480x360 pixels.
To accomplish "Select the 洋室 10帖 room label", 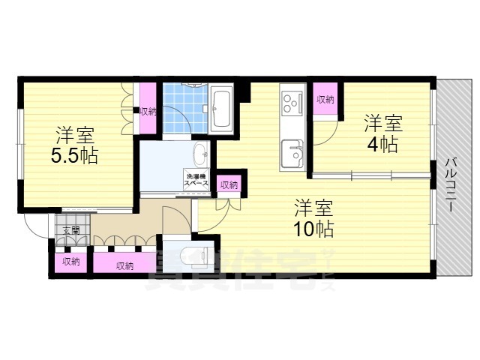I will pos(313,217).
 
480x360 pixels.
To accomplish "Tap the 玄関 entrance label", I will pos(70,230).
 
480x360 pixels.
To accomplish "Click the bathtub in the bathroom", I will pos(221,108).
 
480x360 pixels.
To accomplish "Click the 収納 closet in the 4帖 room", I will pos(325,99).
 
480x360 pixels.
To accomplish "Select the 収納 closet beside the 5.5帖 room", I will pos(148,111).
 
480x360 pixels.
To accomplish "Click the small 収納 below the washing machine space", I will pos(229,184).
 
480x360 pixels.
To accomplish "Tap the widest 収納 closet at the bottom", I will pos(125,265).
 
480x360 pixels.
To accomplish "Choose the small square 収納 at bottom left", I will pos(71,262).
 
